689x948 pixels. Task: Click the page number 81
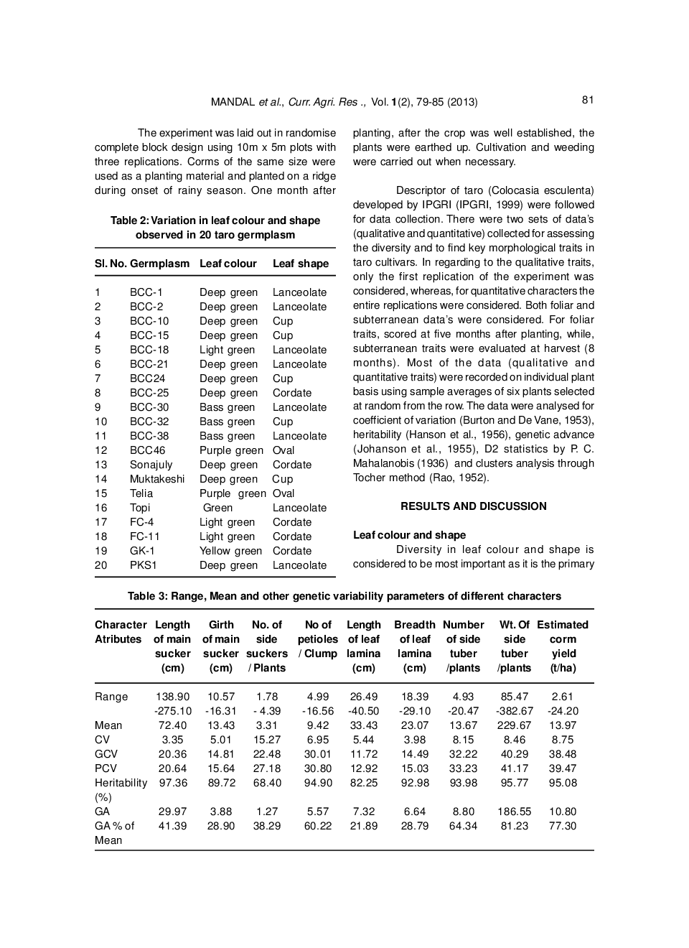(x=588, y=100)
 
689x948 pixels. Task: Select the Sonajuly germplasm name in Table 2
(x=151, y=465)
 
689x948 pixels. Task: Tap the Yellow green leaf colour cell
(x=230, y=551)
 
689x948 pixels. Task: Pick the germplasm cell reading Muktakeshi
(x=156, y=479)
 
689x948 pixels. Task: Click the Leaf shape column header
(x=300, y=264)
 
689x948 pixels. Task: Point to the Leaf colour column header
(x=228, y=264)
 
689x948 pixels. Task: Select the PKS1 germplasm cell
(x=143, y=565)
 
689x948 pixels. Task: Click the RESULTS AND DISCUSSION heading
(x=473, y=506)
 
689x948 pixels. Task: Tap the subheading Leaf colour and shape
(x=409, y=535)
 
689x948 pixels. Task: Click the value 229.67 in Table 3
(x=514, y=725)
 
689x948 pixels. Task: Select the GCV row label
(x=106, y=754)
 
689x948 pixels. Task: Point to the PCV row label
(x=106, y=768)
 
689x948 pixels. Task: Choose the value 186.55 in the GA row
(x=514, y=812)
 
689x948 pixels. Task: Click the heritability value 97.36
(x=172, y=783)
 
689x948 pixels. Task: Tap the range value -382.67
(x=514, y=711)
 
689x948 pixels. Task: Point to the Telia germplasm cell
(x=141, y=493)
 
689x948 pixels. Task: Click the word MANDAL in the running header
(x=233, y=102)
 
